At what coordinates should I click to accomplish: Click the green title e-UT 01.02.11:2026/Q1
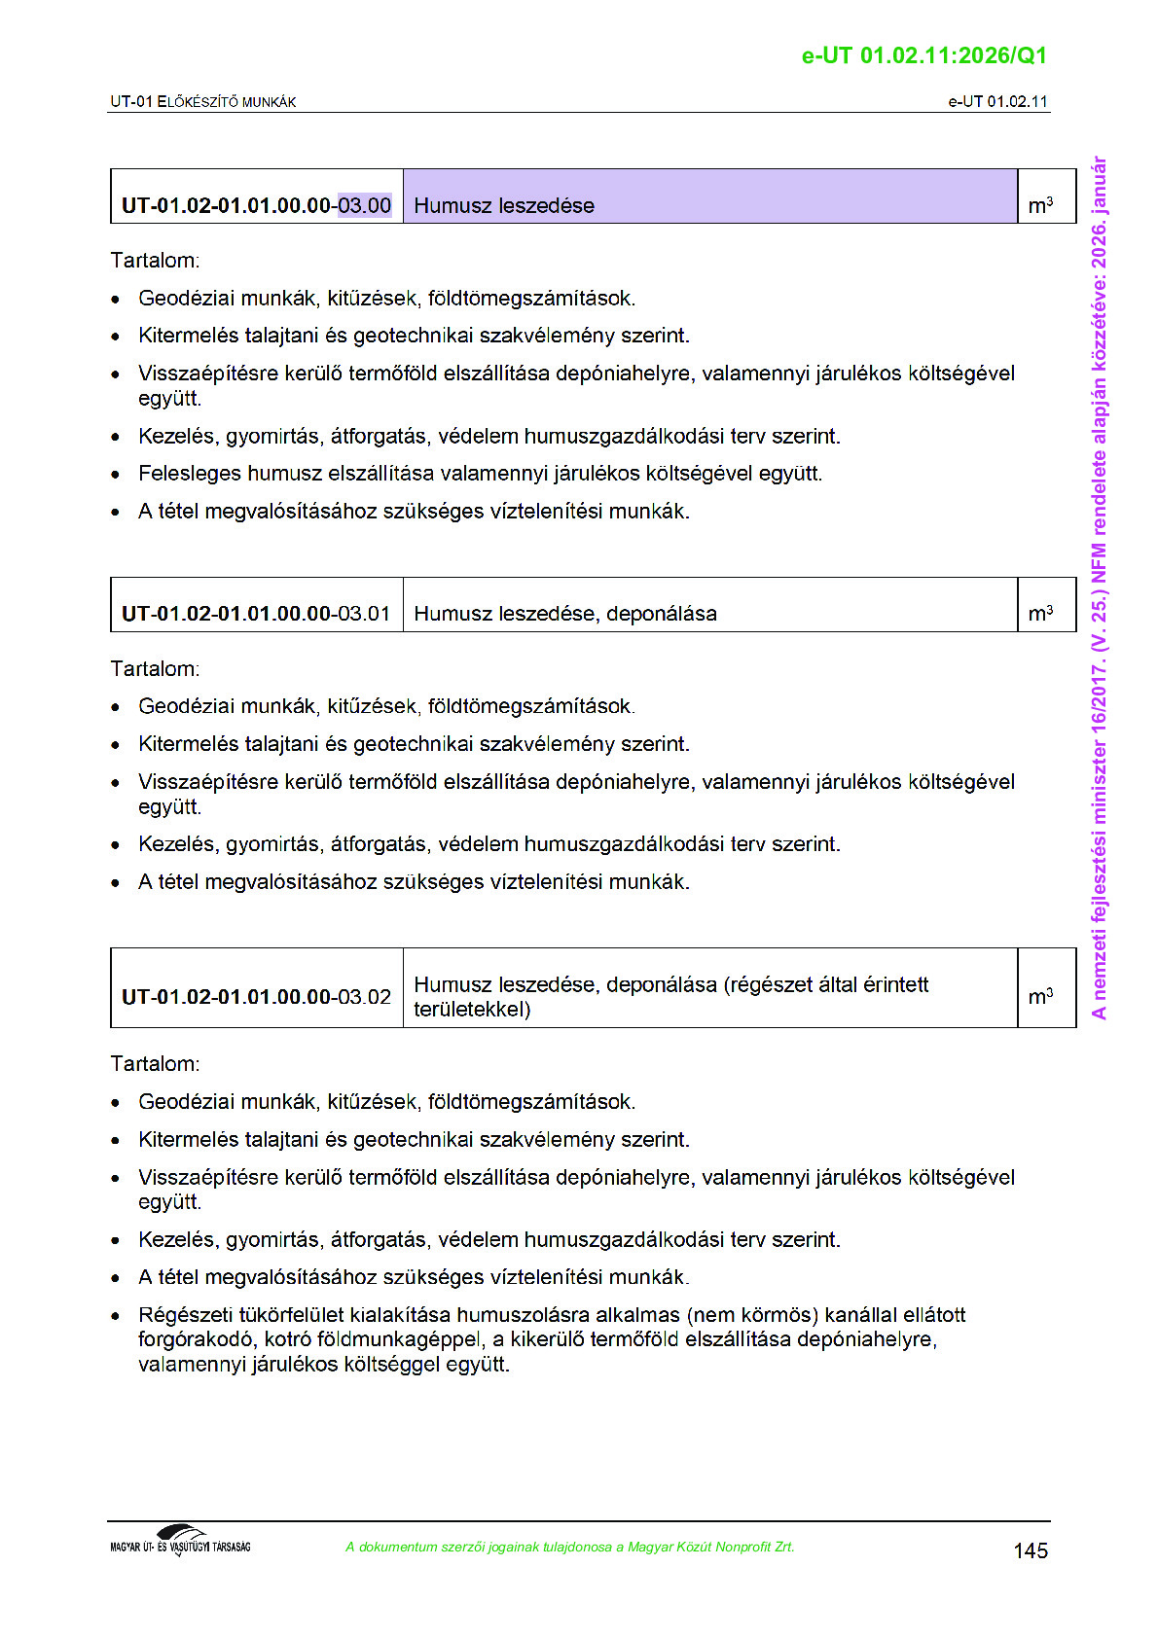tap(923, 55)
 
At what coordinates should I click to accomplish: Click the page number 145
tap(1030, 1550)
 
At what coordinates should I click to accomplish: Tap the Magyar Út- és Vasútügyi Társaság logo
tap(180, 1541)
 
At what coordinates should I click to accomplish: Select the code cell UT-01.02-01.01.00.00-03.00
tap(256, 205)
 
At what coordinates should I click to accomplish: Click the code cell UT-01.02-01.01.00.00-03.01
tap(256, 614)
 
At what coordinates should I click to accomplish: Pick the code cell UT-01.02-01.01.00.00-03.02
tap(256, 997)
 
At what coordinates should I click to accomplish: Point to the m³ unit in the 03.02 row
tap(1040, 997)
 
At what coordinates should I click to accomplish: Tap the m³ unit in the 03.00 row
tap(1040, 205)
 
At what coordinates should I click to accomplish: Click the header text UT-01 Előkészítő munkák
tap(202, 102)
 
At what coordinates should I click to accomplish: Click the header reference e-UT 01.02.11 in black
tap(997, 102)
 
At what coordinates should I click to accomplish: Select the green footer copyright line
tap(569, 1548)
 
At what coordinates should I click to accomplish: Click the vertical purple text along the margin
tap(1099, 588)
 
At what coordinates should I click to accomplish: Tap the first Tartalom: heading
tap(155, 261)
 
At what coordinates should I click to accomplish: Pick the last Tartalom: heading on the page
tap(155, 1064)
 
